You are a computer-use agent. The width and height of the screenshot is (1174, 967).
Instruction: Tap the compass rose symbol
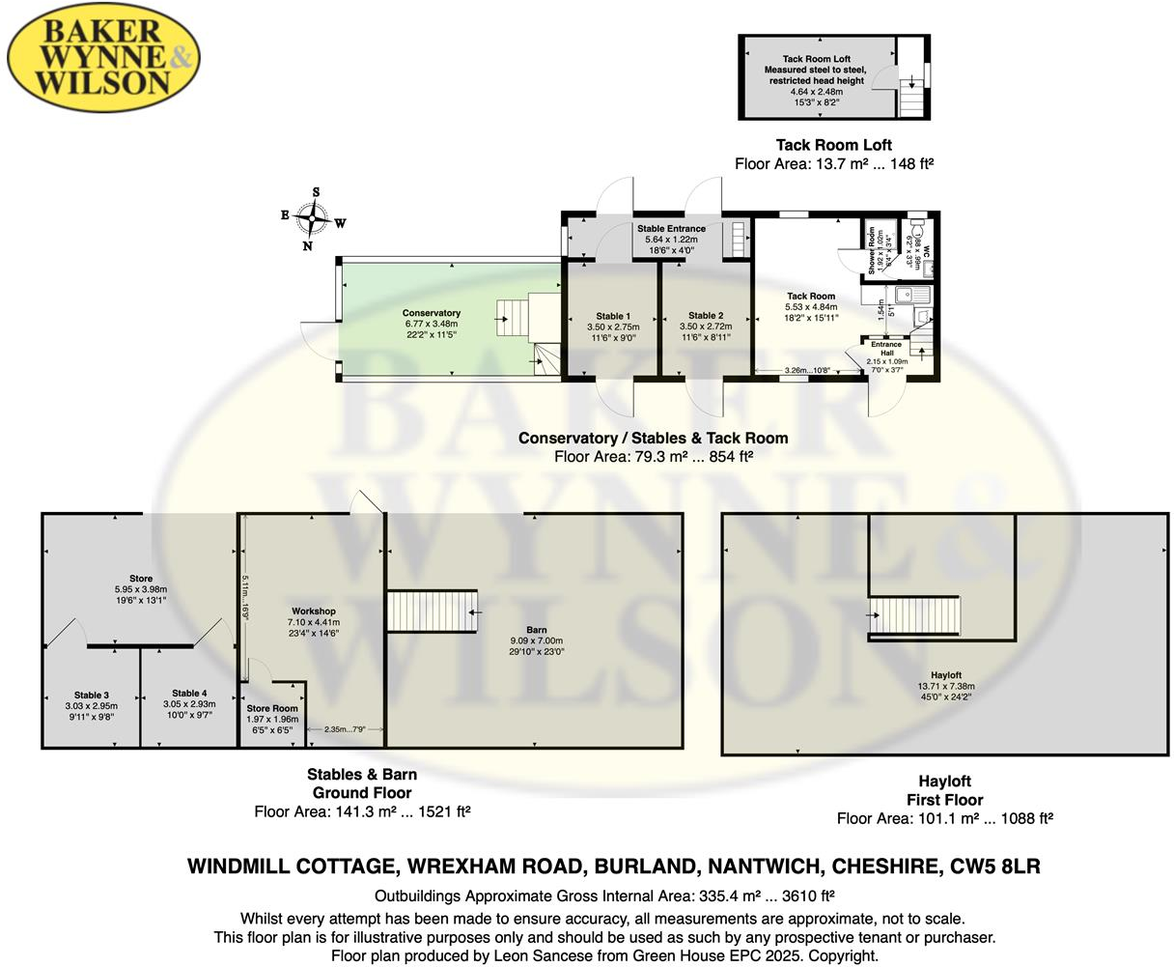coord(314,218)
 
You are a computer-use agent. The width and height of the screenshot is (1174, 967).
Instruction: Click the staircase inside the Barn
coord(432,611)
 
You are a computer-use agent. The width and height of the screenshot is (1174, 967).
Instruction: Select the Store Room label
coord(272,708)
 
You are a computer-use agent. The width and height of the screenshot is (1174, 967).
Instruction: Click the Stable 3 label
coord(92,695)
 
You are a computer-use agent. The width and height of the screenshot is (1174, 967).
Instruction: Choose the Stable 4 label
coord(189,693)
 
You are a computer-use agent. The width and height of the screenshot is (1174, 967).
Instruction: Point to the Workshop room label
coord(314,611)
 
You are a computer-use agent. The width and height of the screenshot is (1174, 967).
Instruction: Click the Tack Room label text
coord(811,297)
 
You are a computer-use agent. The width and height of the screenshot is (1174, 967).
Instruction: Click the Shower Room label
coord(871,251)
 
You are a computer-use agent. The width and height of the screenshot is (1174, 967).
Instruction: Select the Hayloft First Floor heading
coord(944,790)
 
